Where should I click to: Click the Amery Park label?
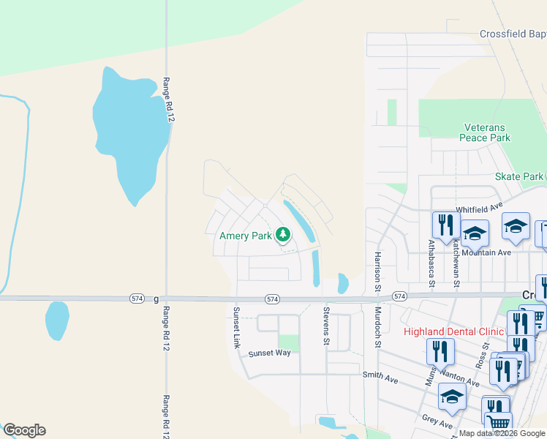tap(245, 236)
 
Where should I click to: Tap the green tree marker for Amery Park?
tap(282, 235)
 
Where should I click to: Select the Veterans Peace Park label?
tap(483, 132)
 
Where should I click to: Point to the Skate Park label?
tap(519, 176)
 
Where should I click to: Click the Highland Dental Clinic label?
tap(454, 331)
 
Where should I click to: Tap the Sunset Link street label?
tap(236, 327)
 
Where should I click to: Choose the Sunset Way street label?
tap(269, 353)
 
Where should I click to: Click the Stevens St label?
tap(326, 326)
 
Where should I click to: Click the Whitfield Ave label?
tap(479, 209)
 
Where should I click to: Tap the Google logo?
tap(24, 429)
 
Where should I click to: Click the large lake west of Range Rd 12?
tap(131, 135)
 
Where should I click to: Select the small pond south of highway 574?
tap(57, 320)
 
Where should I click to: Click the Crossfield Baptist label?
tap(513, 34)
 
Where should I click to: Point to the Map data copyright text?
tap(502, 433)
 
